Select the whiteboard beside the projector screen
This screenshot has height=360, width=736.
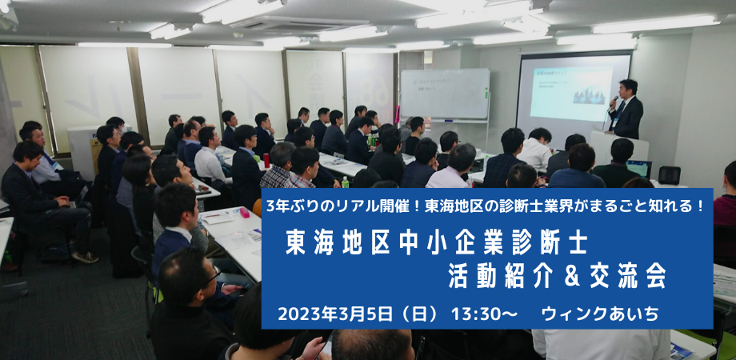(x=445, y=94)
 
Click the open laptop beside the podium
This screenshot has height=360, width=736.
(x=639, y=167)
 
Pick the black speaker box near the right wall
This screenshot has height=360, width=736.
(x=670, y=175)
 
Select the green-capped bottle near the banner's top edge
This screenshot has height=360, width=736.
(x=345, y=182)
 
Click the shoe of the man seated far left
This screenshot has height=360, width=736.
(x=85, y=258)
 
